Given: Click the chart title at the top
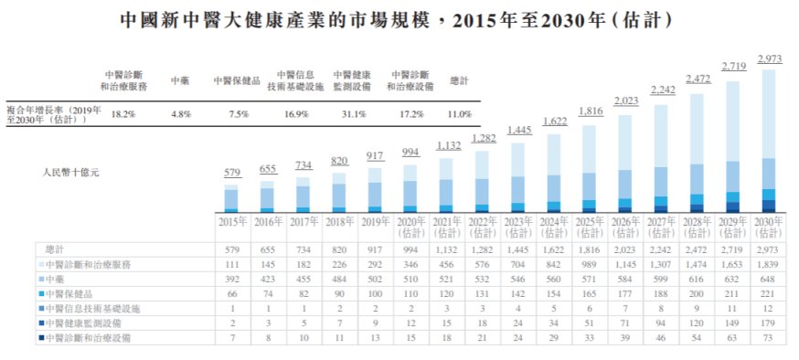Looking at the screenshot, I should pos(399,19).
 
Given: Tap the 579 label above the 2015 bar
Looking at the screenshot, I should pos(231,174).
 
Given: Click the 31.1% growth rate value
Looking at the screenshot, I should pos(354,114).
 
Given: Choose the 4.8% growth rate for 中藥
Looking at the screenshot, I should pos(179,114).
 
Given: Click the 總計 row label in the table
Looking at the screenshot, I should pos(55,249).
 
